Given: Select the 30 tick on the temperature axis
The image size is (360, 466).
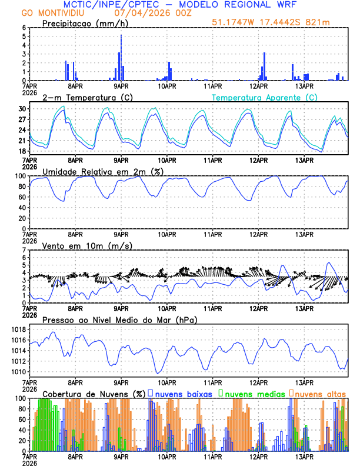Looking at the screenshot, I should tap(22, 109).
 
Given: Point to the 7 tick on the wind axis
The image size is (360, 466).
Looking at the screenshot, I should tap(24, 250).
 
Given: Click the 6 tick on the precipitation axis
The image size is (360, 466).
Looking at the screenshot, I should tap(24, 28).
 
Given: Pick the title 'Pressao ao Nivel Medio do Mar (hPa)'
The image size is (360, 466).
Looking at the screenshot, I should tap(120, 319).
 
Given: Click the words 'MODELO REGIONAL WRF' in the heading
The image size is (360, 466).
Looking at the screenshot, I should tap(240, 4).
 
